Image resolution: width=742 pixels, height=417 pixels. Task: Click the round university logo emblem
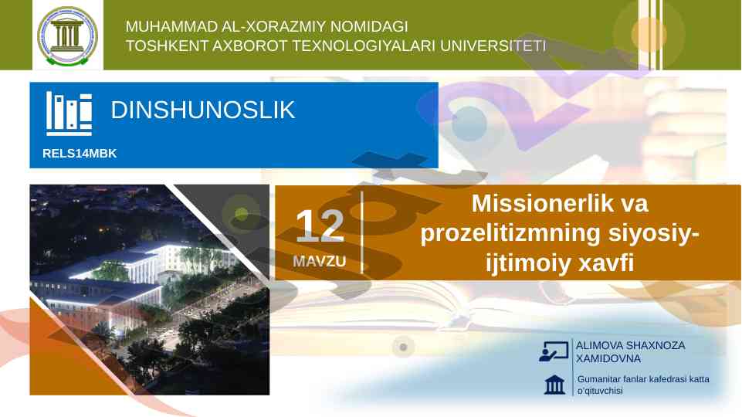click(68, 36)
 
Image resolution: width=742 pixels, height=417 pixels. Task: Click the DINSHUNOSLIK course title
click(202, 110)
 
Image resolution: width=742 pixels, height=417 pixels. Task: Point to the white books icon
click(69, 114)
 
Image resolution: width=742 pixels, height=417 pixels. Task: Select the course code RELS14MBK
click(80, 154)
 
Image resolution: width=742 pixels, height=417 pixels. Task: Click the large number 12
click(320, 225)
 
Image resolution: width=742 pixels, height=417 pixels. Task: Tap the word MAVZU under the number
click(320, 261)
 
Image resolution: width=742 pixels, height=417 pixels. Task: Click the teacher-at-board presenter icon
click(554, 351)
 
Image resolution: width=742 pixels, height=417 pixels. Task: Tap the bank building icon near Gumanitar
click(554, 385)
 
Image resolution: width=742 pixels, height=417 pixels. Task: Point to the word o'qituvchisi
click(600, 391)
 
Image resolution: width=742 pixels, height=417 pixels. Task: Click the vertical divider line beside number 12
click(362, 232)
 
